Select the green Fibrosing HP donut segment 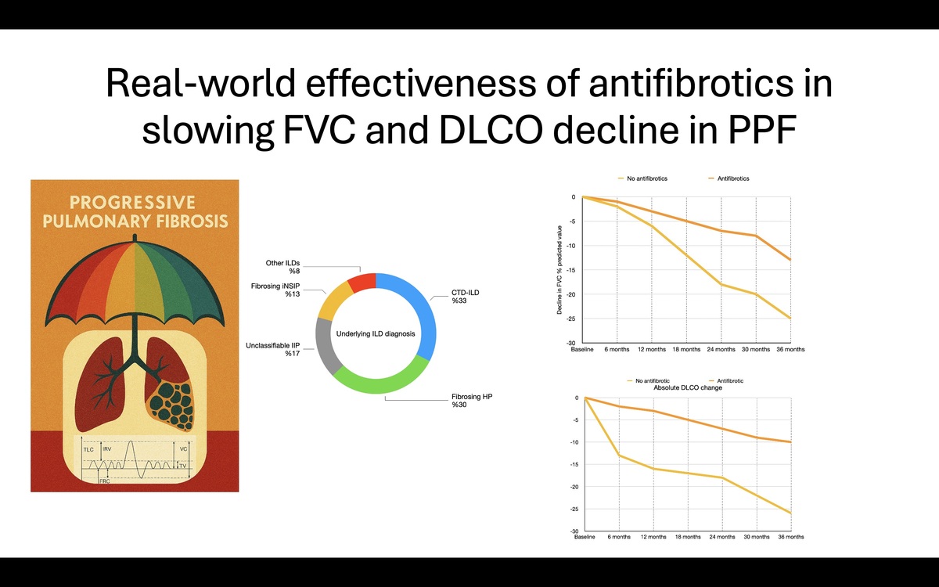pos(380,385)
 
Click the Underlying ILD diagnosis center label pos(376,333)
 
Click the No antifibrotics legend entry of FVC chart pos(646,178)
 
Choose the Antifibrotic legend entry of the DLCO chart pos(725,380)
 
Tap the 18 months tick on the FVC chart pos(686,349)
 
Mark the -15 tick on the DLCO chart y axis pos(576,465)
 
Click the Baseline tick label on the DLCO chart pos(585,537)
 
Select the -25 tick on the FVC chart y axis pos(573,319)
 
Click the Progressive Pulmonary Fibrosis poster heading pos(135,211)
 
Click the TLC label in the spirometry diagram pos(88,450)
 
